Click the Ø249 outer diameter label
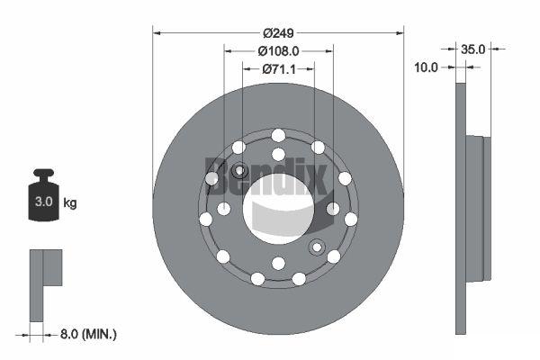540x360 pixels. point(278,33)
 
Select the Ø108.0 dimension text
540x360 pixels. point(278,51)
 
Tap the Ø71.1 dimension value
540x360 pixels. point(279,69)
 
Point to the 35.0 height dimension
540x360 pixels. point(472,49)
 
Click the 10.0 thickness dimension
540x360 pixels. point(426,67)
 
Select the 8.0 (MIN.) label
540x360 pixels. point(88,334)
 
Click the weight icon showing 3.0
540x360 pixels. point(44,195)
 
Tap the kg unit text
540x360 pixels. point(70,202)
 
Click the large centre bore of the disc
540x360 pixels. point(278,209)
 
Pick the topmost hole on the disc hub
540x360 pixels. point(278,135)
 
